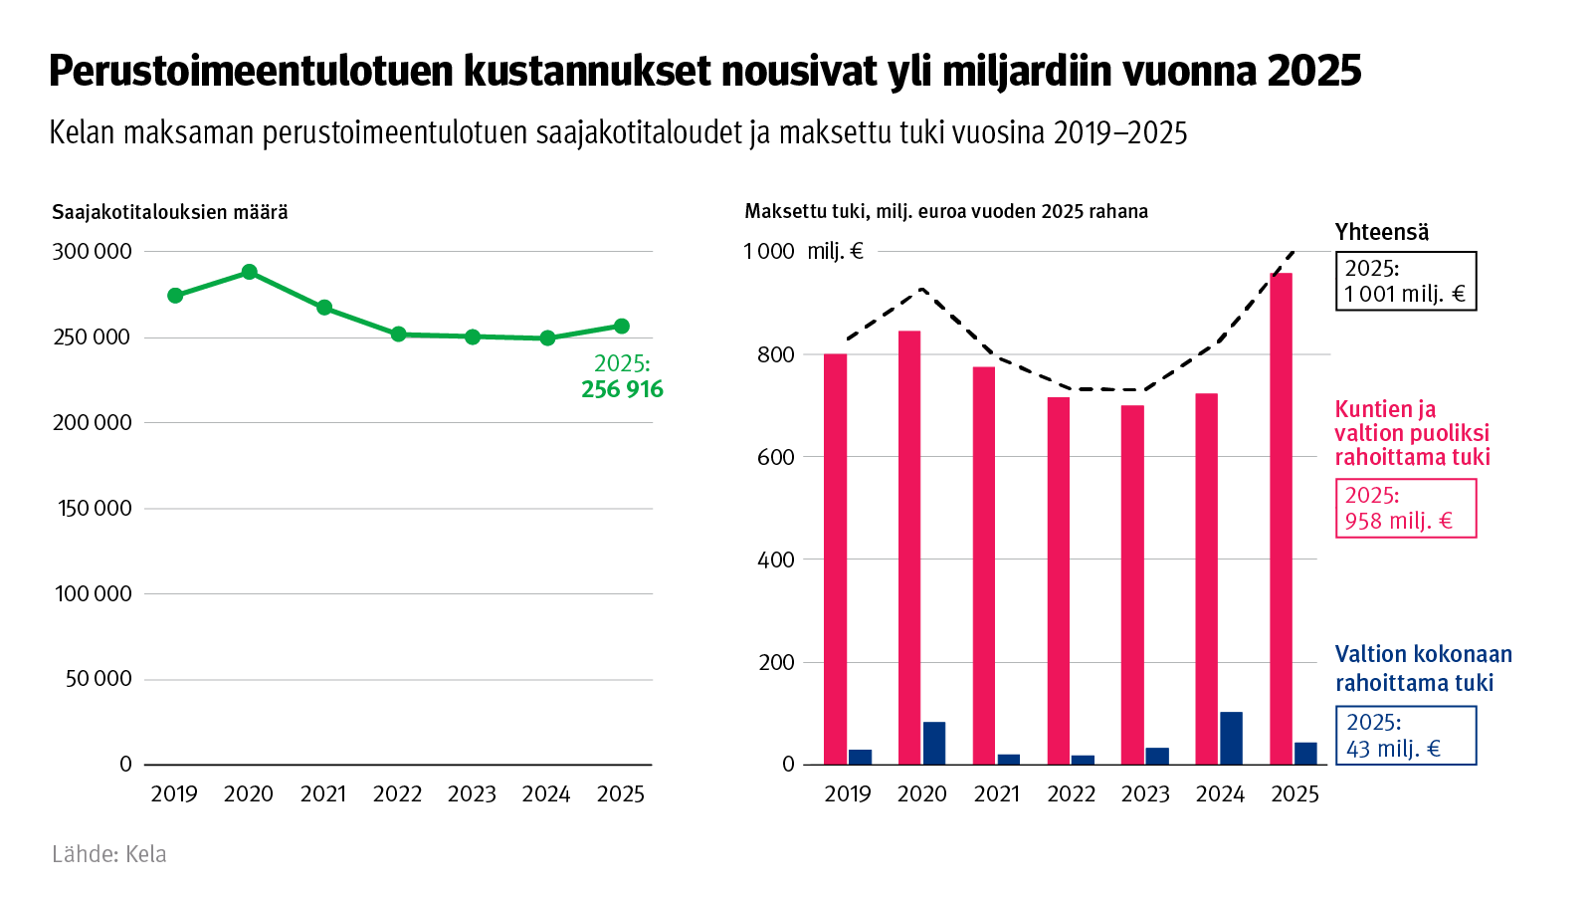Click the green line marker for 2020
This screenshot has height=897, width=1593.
point(250,272)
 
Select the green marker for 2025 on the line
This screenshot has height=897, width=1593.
point(622,326)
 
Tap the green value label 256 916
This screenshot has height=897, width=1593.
point(622,389)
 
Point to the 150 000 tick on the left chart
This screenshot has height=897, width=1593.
point(94,508)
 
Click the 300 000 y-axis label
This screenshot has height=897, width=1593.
point(92,251)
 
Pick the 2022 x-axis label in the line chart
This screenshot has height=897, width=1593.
point(398,793)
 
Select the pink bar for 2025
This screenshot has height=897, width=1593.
point(1282,518)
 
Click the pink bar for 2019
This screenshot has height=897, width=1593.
point(835,558)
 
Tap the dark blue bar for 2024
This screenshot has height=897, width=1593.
point(1231,738)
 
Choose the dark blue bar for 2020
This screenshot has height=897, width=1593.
point(933,743)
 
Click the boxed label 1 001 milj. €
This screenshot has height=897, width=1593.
point(1405,281)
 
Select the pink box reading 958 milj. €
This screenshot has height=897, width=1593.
point(1405,508)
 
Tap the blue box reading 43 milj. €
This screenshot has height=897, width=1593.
point(1405,736)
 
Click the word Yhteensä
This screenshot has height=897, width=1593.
point(1381,232)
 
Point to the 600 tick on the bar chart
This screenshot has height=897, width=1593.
point(776,457)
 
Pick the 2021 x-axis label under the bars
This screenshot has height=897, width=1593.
point(997,793)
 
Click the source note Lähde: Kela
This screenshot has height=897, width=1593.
point(109,854)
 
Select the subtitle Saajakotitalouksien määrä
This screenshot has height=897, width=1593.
point(170,212)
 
